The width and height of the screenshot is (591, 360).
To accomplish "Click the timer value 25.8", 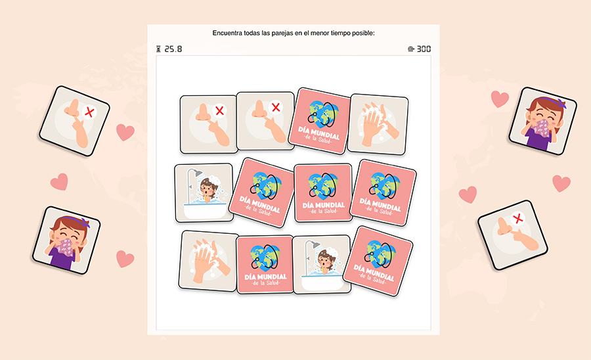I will [x=173, y=49].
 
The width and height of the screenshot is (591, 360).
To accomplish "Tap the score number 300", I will [x=424, y=49].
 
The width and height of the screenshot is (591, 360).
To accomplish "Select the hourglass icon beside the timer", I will [x=158, y=49].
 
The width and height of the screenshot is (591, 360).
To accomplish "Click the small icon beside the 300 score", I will [x=410, y=49].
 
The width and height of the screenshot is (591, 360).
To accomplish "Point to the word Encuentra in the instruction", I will [x=229, y=33].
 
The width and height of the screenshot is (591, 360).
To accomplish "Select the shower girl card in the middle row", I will [x=204, y=192].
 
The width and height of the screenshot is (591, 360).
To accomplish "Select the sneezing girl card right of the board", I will [x=542, y=121].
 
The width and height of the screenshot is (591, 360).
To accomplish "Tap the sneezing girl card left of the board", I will [x=66, y=238].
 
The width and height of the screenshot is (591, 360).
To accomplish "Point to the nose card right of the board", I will [x=512, y=229].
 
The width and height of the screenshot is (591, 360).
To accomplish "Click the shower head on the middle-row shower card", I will [x=193, y=174].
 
